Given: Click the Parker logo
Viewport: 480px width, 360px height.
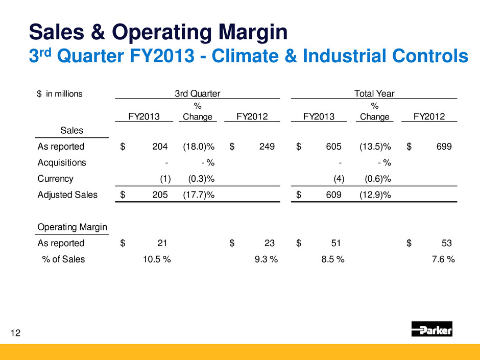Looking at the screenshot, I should (x=431, y=330).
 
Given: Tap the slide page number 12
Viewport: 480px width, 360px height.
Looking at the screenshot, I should (x=15, y=333).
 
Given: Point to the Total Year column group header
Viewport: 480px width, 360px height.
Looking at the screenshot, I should (x=374, y=93).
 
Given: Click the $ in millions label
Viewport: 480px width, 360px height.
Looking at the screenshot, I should (x=60, y=93).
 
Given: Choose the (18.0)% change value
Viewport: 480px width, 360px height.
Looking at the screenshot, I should (x=198, y=147).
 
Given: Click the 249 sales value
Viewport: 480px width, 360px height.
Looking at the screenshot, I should (x=267, y=147).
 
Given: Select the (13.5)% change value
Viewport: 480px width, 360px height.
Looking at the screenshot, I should (x=375, y=147).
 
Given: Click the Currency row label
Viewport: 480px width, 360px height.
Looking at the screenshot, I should (x=56, y=179).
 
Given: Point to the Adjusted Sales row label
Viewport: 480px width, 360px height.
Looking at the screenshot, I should (x=67, y=195).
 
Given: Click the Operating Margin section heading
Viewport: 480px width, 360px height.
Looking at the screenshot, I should (x=71, y=227).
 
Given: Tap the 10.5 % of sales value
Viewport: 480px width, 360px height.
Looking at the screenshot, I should (x=155, y=259).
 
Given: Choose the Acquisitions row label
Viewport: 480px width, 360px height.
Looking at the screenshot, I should (x=62, y=163).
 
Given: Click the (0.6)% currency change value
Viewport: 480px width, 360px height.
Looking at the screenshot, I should (x=375, y=179).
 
